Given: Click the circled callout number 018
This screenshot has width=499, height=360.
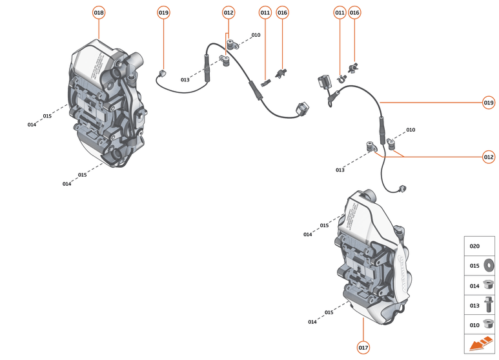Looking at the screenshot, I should [x=99, y=12].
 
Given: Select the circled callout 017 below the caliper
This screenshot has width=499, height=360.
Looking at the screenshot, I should [x=363, y=348].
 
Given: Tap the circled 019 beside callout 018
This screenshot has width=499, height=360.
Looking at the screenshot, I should [x=163, y=12].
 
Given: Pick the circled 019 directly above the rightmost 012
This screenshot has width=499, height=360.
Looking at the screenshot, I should [x=489, y=103].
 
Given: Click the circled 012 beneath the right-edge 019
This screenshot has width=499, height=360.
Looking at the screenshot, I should [x=489, y=157].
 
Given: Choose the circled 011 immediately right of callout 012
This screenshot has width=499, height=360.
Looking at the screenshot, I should [x=265, y=12].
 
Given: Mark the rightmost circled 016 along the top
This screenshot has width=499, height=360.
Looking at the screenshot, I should [x=354, y=12].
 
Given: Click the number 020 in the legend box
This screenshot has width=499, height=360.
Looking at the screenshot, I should [x=474, y=246].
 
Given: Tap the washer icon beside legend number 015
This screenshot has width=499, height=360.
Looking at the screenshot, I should [x=488, y=265].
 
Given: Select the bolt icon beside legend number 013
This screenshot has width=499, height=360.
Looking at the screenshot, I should [x=488, y=305].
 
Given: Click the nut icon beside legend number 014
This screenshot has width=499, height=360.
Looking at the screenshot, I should [x=488, y=285].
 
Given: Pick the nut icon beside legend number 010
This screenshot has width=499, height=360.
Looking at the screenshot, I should [x=488, y=325].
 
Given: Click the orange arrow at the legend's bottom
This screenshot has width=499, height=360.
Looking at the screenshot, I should [x=480, y=345].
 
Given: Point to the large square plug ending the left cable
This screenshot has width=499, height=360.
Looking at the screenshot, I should [x=301, y=109].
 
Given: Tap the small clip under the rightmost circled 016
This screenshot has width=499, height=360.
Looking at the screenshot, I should [x=352, y=66].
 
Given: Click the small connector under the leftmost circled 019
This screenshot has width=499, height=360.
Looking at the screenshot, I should [x=163, y=73].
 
